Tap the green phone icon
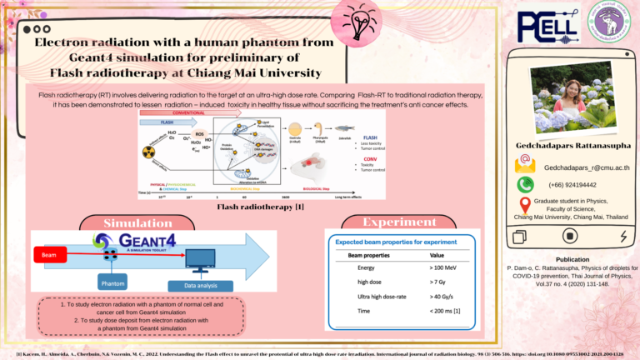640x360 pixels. pos(525,185)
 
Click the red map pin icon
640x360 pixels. pos(525,205)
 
